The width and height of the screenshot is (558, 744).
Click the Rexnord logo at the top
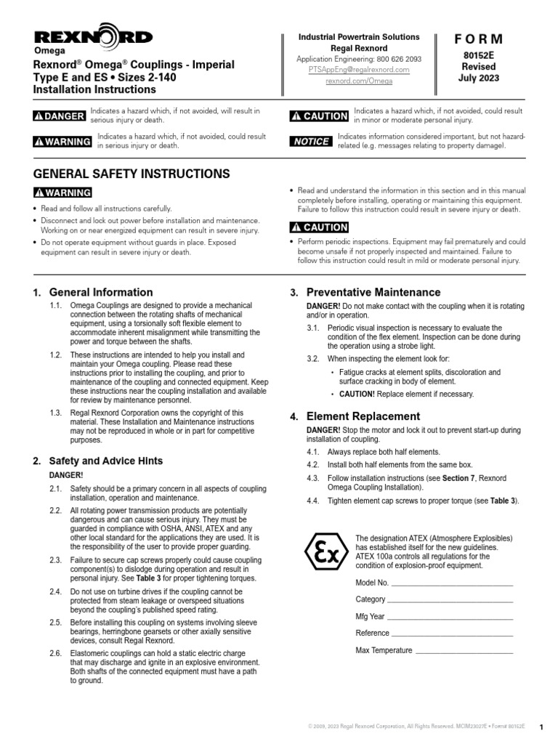coord(93,37)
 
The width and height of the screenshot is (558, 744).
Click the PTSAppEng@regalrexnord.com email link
coord(360,70)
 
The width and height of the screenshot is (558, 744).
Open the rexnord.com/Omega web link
coord(360,82)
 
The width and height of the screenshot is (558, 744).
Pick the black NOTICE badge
coord(311,141)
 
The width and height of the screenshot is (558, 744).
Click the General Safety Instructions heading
coord(132,174)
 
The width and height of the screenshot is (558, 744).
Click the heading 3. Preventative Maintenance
coord(373,292)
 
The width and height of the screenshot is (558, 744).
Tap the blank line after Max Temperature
coord(464,650)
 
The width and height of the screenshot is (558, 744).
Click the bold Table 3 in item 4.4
coord(502,501)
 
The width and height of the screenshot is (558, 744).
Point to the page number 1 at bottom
coord(541,727)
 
